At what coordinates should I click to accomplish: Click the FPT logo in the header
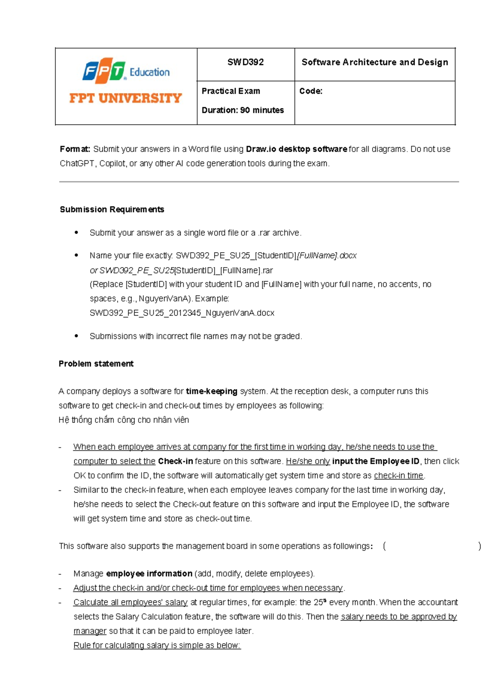coord(104,70)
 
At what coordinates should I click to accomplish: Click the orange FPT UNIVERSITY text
coord(125,98)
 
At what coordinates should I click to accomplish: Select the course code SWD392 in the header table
coord(245,62)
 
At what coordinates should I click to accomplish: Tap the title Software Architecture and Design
coord(375,62)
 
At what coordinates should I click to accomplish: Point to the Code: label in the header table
coord(311,91)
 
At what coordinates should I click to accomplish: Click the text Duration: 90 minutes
coord(243,110)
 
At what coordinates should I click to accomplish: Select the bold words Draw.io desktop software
coord(296,149)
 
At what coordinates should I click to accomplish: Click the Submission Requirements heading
coord(112,209)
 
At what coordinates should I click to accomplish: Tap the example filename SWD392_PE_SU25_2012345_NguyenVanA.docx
coord(182,313)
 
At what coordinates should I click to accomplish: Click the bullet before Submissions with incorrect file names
coord(76,336)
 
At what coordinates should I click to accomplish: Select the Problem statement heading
coord(96,364)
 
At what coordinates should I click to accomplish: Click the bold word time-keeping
coord(212,391)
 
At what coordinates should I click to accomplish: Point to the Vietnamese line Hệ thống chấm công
coord(124,420)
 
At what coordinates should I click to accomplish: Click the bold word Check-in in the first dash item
coord(175,461)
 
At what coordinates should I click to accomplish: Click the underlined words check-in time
coord(398,476)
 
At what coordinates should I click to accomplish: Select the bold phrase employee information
coord(149,574)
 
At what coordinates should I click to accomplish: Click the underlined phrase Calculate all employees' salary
coord(130,602)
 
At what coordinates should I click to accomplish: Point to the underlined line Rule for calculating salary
coord(157,645)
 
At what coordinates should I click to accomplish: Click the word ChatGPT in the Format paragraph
coord(78,164)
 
